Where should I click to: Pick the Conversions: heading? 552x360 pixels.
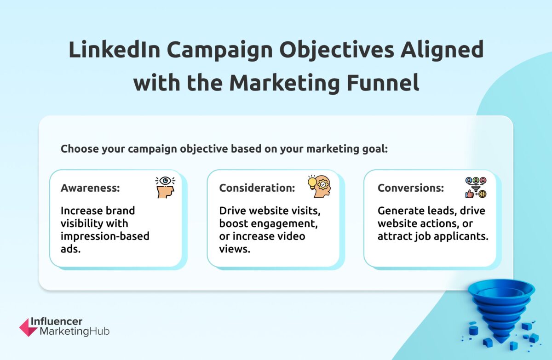click(x=411, y=188)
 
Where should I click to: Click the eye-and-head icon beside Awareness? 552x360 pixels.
click(x=165, y=187)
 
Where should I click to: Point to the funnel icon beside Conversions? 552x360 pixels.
click(x=476, y=188)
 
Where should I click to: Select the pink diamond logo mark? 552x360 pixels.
click(x=29, y=327)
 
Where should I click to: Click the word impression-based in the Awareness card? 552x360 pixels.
click(x=105, y=236)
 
